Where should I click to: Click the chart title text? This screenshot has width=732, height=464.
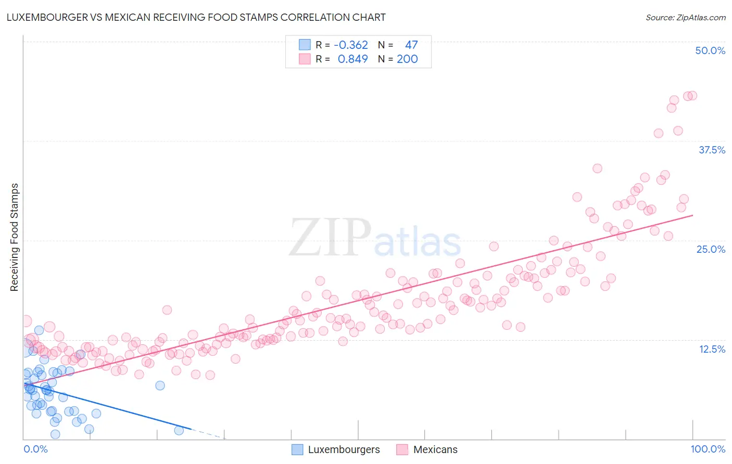[x=196, y=17]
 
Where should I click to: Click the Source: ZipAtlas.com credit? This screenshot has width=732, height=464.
[x=685, y=18]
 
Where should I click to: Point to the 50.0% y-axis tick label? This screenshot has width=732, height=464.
[x=710, y=50]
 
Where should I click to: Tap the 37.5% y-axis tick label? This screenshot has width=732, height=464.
[x=712, y=150]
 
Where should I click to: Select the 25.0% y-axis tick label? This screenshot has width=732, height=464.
[x=711, y=249]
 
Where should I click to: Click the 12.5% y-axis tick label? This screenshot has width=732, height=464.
[x=712, y=349]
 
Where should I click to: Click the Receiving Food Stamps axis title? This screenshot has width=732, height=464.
[x=15, y=237]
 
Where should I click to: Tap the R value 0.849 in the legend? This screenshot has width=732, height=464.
[x=352, y=59]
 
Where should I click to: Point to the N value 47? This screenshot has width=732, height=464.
[x=411, y=45]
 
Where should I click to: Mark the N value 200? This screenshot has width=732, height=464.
[x=407, y=59]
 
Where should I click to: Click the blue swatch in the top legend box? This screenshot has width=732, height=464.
[x=305, y=45]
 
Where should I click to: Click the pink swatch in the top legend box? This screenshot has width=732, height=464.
[x=305, y=59]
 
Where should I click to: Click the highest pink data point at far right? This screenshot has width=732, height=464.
[x=692, y=96]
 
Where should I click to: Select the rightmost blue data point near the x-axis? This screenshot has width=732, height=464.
[x=179, y=430]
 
